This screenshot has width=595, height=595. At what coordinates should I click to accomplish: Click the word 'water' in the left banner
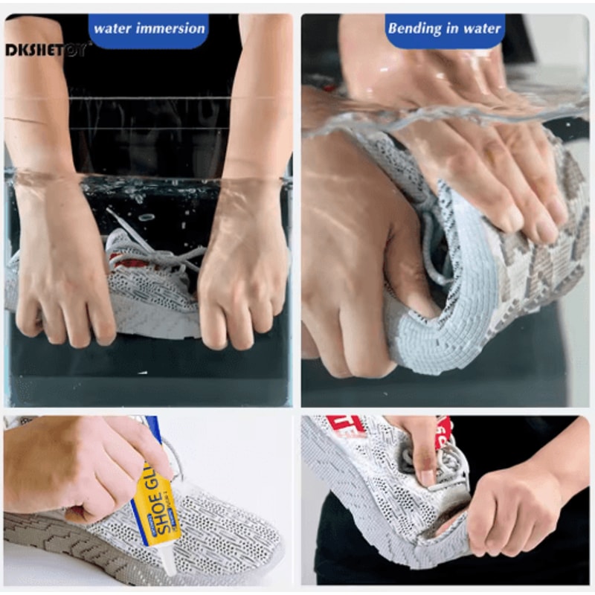click(x=112, y=29)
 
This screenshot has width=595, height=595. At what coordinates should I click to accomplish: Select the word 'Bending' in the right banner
click(x=414, y=29)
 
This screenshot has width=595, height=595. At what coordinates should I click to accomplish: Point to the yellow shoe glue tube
click(x=157, y=506)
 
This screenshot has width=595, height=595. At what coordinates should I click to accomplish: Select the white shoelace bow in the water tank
click(x=149, y=245)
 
